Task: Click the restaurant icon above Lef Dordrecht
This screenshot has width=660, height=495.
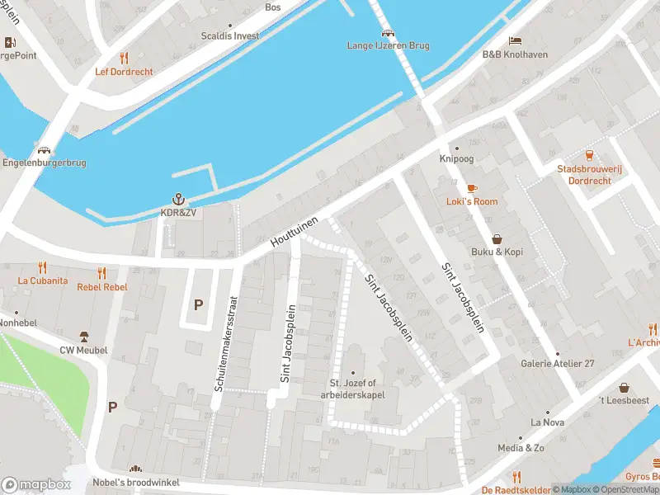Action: tap(124, 58)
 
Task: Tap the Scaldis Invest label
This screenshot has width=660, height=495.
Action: tap(230, 36)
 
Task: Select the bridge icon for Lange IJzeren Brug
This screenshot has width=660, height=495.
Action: tap(387, 33)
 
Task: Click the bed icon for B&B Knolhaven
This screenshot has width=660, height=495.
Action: tap(515, 40)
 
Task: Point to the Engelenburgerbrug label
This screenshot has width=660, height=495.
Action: tap(45, 163)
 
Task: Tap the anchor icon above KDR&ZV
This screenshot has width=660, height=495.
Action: tap(177, 199)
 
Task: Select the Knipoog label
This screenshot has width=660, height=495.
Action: tap(456, 159)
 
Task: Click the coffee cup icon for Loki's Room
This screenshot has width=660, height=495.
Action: tap(472, 188)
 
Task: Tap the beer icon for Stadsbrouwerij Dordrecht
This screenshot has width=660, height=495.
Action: tap(589, 155)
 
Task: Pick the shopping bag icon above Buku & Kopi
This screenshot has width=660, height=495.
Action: tap(497, 238)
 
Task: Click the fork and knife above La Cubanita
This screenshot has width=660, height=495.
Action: tap(42, 267)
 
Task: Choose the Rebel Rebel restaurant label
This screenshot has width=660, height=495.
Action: tap(102, 287)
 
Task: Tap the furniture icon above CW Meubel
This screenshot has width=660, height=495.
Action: tap(83, 336)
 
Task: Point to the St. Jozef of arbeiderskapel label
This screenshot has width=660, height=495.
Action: tap(353, 389)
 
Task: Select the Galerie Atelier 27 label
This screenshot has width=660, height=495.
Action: tap(557, 364)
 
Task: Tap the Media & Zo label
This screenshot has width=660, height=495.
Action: tap(521, 448)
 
